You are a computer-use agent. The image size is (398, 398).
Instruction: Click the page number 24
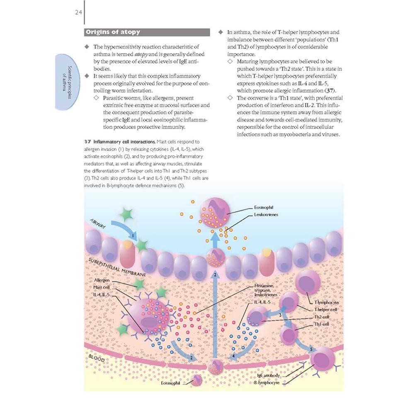click(78, 12)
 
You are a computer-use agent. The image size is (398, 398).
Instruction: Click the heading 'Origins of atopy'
click(113, 32)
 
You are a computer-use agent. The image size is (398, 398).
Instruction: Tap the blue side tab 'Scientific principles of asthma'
click(68, 82)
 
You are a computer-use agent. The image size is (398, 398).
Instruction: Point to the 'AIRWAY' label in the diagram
click(98, 223)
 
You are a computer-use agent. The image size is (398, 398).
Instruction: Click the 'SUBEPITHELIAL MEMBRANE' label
click(117, 267)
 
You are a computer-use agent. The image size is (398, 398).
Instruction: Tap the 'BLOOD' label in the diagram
click(97, 358)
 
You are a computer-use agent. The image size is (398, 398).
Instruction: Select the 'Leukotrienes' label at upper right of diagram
click(266, 214)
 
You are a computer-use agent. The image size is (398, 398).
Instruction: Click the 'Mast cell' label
click(102, 287)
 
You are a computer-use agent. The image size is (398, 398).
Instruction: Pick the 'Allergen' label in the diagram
click(102, 280)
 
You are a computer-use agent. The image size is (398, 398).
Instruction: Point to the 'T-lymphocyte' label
click(326, 302)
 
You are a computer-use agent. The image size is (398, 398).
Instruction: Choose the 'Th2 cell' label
click(322, 317)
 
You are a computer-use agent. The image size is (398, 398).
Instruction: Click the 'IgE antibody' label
click(268, 376)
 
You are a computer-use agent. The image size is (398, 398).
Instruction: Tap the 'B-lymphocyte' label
click(267, 383)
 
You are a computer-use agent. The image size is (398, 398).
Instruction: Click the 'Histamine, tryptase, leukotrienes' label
click(265, 290)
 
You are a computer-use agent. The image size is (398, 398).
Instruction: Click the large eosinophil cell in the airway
click(215, 212)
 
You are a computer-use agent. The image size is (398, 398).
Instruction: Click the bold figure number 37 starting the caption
click(87, 142)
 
